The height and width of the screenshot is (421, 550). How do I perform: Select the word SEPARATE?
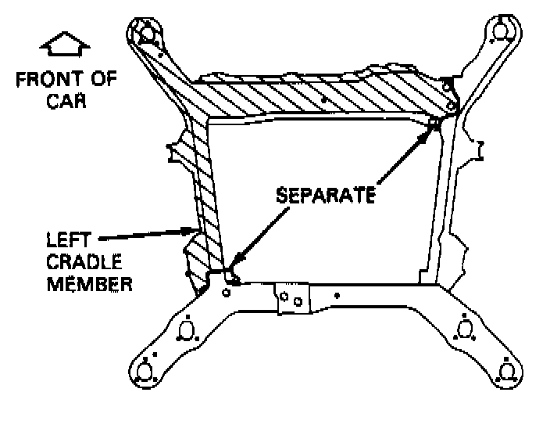325,194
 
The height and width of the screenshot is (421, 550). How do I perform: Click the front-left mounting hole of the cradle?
147,33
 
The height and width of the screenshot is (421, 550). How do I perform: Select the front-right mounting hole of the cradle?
502,30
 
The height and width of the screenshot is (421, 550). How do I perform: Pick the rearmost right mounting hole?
506,368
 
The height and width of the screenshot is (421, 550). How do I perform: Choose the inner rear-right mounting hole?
464,329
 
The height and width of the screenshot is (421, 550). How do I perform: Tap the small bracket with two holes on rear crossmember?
291,297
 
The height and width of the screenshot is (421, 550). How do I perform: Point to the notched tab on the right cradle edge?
478,149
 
